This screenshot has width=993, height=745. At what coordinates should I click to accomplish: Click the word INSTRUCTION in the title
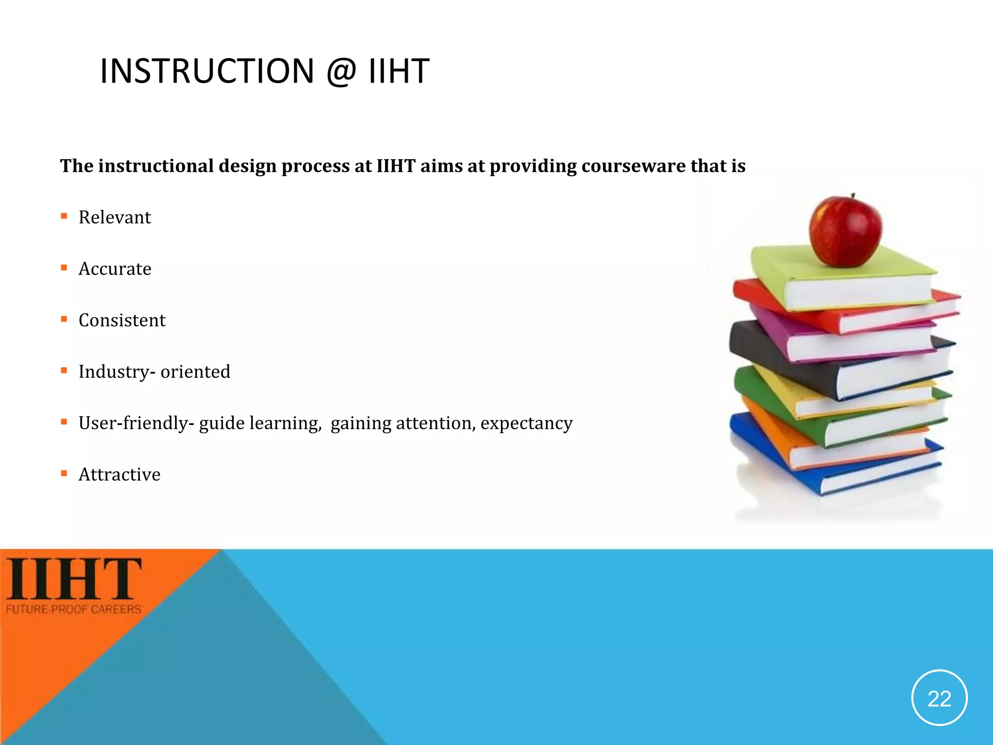pyautogui.click(x=207, y=71)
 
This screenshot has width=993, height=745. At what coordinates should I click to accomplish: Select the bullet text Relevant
pyautogui.click(x=114, y=217)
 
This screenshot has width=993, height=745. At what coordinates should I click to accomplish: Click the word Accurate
pyautogui.click(x=115, y=269)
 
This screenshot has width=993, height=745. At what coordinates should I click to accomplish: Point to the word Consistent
pyautogui.click(x=122, y=320)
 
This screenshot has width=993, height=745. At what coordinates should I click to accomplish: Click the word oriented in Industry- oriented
pyautogui.click(x=195, y=372)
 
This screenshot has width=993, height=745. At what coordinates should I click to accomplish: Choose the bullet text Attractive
pyautogui.click(x=119, y=474)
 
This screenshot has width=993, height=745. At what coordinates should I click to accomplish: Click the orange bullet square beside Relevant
pyautogui.click(x=64, y=216)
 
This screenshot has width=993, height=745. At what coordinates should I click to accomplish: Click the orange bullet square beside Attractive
pyautogui.click(x=64, y=473)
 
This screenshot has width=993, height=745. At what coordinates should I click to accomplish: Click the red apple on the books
pyautogui.click(x=845, y=232)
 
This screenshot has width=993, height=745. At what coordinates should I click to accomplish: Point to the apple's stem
pyautogui.click(x=853, y=195)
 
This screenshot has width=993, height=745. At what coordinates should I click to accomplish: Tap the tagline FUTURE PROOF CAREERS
pyautogui.click(x=74, y=609)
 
